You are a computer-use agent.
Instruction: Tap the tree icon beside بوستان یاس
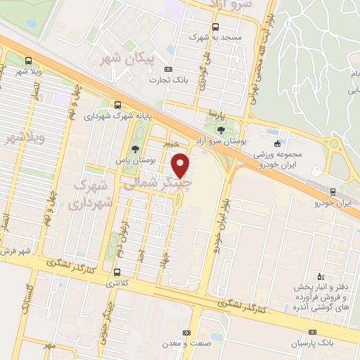[x=134, y=148]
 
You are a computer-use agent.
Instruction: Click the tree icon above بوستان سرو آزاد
[x=221, y=130]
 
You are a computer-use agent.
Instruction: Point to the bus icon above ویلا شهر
[x=27, y=60]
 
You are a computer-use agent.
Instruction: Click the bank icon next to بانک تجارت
[x=167, y=69]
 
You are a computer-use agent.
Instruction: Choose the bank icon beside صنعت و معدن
[x=186, y=333]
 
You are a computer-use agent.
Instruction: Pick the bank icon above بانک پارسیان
[x=313, y=332]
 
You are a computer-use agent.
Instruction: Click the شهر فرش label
[x=15, y=251]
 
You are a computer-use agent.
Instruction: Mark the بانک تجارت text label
[x=164, y=80]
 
